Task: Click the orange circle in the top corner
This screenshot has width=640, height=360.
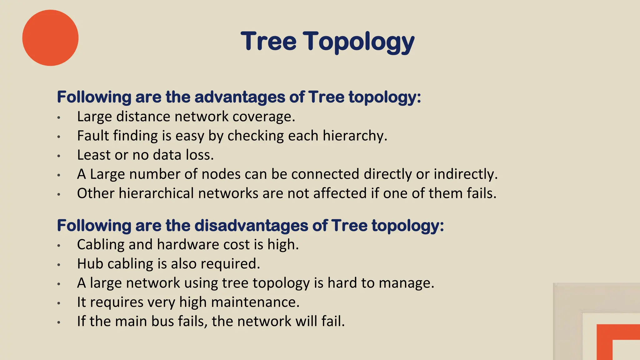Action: click(x=50, y=38)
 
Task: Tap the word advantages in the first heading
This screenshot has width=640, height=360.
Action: click(x=240, y=97)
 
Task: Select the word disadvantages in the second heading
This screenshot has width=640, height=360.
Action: click(x=251, y=225)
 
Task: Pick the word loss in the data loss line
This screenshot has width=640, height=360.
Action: click(x=200, y=155)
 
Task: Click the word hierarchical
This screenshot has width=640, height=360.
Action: click(x=156, y=193)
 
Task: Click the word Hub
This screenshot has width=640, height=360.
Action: click(x=90, y=264)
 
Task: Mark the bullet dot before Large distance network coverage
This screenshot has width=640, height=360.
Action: click(x=59, y=117)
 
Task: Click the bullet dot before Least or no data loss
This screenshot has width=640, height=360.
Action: click(x=59, y=156)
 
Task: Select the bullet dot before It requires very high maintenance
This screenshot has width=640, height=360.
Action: click(x=59, y=303)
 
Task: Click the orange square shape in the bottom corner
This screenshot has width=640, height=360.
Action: click(x=617, y=342)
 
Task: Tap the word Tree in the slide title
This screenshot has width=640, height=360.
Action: click(x=268, y=41)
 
